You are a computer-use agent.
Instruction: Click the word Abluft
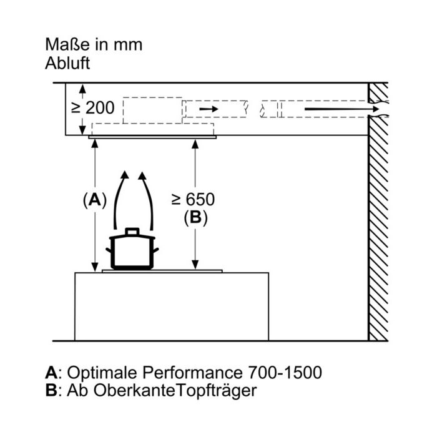(x=67, y=63)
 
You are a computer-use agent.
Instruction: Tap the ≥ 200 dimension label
(x=93, y=108)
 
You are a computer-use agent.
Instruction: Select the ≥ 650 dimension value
(x=193, y=199)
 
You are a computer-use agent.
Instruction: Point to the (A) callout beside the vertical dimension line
(x=95, y=200)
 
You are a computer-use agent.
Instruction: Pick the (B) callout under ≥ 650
(x=195, y=217)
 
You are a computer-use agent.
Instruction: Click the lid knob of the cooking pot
(x=132, y=232)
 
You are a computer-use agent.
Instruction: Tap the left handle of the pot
(x=109, y=250)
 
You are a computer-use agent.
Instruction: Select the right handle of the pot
(x=155, y=250)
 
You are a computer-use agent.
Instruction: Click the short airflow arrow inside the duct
(x=209, y=109)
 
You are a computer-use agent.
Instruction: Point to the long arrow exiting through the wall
(x=341, y=109)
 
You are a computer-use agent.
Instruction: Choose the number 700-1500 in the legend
(x=285, y=372)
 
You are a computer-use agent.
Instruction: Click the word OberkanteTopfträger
(x=175, y=391)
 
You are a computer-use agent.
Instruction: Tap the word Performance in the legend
(x=192, y=372)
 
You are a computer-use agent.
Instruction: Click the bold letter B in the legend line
(x=51, y=390)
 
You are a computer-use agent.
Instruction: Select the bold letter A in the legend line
(x=52, y=372)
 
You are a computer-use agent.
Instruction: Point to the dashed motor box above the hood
(x=152, y=110)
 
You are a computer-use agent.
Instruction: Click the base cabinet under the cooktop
(x=172, y=307)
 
